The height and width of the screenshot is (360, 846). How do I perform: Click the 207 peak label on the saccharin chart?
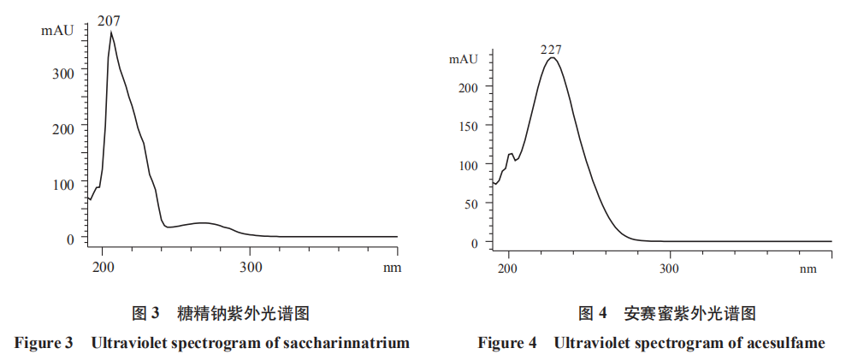click(x=109, y=20)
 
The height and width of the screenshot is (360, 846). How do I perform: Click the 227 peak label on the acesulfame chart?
click(x=551, y=50)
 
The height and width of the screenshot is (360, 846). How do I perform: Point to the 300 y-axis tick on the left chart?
click(x=64, y=73)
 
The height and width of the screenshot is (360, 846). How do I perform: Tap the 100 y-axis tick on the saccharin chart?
click(x=64, y=183)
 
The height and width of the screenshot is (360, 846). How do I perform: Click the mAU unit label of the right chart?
click(x=463, y=59)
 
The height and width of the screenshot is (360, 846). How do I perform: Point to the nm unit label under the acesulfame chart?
click(x=808, y=269)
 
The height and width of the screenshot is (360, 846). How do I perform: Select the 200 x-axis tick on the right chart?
click(x=508, y=269)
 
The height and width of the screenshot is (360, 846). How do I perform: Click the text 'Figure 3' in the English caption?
click(x=44, y=343)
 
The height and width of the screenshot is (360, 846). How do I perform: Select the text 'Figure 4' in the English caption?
click(x=507, y=343)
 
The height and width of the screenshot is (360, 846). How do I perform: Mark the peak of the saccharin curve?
click(x=110, y=32)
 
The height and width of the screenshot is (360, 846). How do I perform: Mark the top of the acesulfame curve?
click(x=553, y=57)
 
